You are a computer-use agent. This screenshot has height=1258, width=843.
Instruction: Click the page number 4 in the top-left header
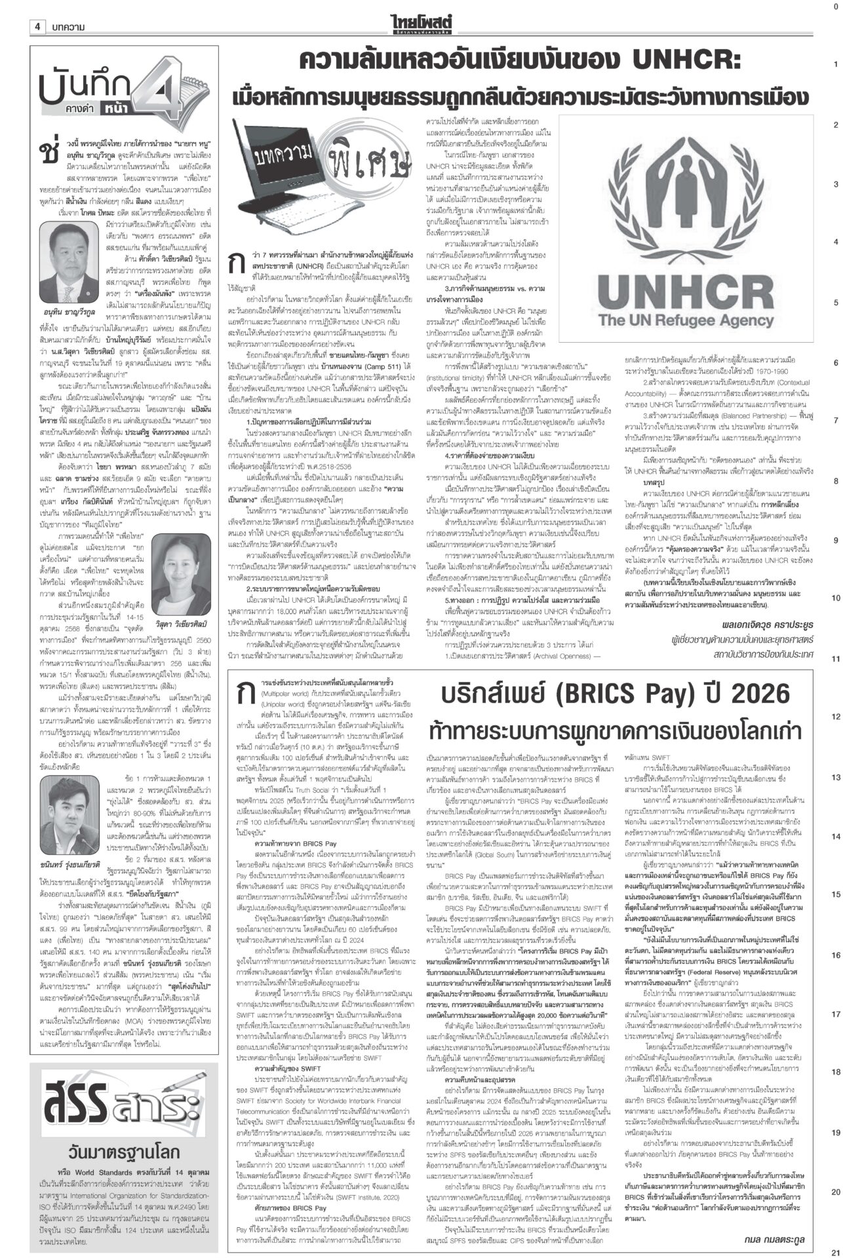coord(38,26)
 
